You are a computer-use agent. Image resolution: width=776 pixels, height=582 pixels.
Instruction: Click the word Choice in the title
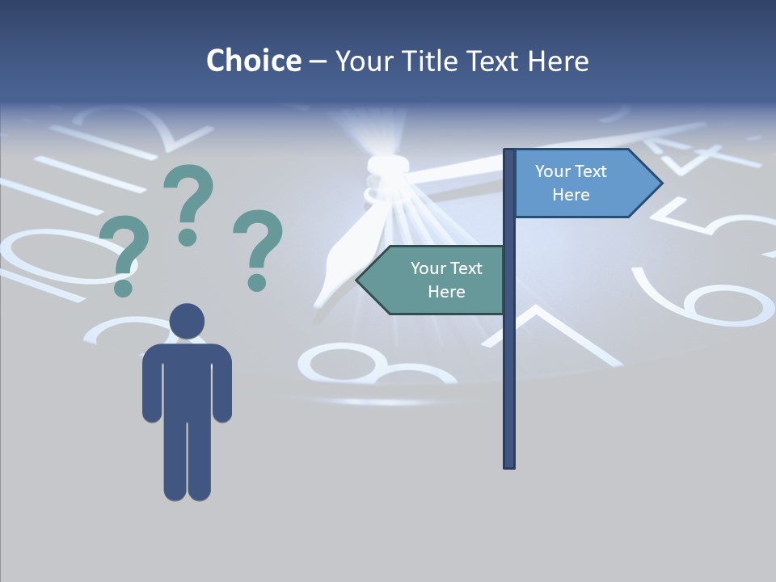253,61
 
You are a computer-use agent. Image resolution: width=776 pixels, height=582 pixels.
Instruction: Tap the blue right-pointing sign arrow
586,183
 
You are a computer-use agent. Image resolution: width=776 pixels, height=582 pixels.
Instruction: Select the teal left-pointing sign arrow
432,280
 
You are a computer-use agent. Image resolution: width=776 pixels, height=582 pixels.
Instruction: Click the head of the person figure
187,321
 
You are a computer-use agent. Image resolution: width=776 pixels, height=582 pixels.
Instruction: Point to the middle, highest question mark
188,202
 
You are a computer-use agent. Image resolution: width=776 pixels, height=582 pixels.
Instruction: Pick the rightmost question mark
258,248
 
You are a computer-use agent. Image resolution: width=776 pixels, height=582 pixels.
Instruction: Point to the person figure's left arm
152,384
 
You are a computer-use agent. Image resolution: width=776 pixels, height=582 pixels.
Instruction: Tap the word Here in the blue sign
571,195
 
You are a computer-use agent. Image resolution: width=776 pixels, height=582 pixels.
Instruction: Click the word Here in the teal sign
446,292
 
